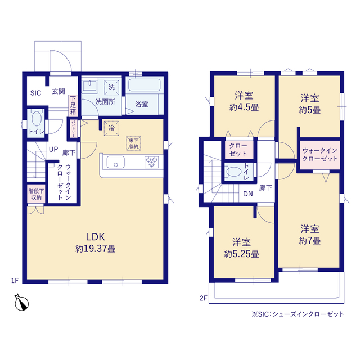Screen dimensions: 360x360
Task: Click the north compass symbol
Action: pyautogui.click(x=21, y=303)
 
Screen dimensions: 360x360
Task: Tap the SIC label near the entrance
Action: pyautogui.click(x=35, y=93)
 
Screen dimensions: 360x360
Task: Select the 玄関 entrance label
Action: pyautogui.click(x=58, y=91)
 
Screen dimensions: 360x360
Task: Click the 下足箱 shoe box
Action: pyautogui.click(x=73, y=105)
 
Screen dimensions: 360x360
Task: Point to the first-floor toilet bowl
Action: pyautogui.click(x=36, y=119)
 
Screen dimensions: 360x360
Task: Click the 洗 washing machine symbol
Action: pyautogui.click(x=111, y=87)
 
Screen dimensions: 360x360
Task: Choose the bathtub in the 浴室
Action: pyautogui.click(x=145, y=85)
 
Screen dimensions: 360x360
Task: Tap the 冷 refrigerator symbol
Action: pyautogui.click(x=111, y=128)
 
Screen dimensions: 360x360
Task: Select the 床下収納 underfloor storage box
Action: pyautogui.click(x=133, y=143)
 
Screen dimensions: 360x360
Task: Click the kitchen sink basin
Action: pyautogui.click(x=116, y=162)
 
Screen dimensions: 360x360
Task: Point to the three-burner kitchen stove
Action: pyautogui.click(x=151, y=161)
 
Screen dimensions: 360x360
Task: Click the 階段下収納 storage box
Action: pyautogui.click(x=36, y=194)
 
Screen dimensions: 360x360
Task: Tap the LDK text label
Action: pyautogui.click(x=95, y=237)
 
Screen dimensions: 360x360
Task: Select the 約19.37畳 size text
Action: pyautogui.click(x=96, y=249)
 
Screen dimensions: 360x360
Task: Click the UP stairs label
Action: pyautogui.click(x=53, y=149)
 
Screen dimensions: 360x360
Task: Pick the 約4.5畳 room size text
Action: pyautogui.click(x=244, y=107)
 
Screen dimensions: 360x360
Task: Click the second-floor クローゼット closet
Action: pyautogui.click(x=238, y=150)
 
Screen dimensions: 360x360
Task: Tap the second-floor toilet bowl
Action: pyautogui.click(x=234, y=171)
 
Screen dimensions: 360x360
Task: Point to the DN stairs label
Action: pyautogui.click(x=248, y=194)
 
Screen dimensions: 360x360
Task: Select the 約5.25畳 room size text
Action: pyautogui.click(x=241, y=254)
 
